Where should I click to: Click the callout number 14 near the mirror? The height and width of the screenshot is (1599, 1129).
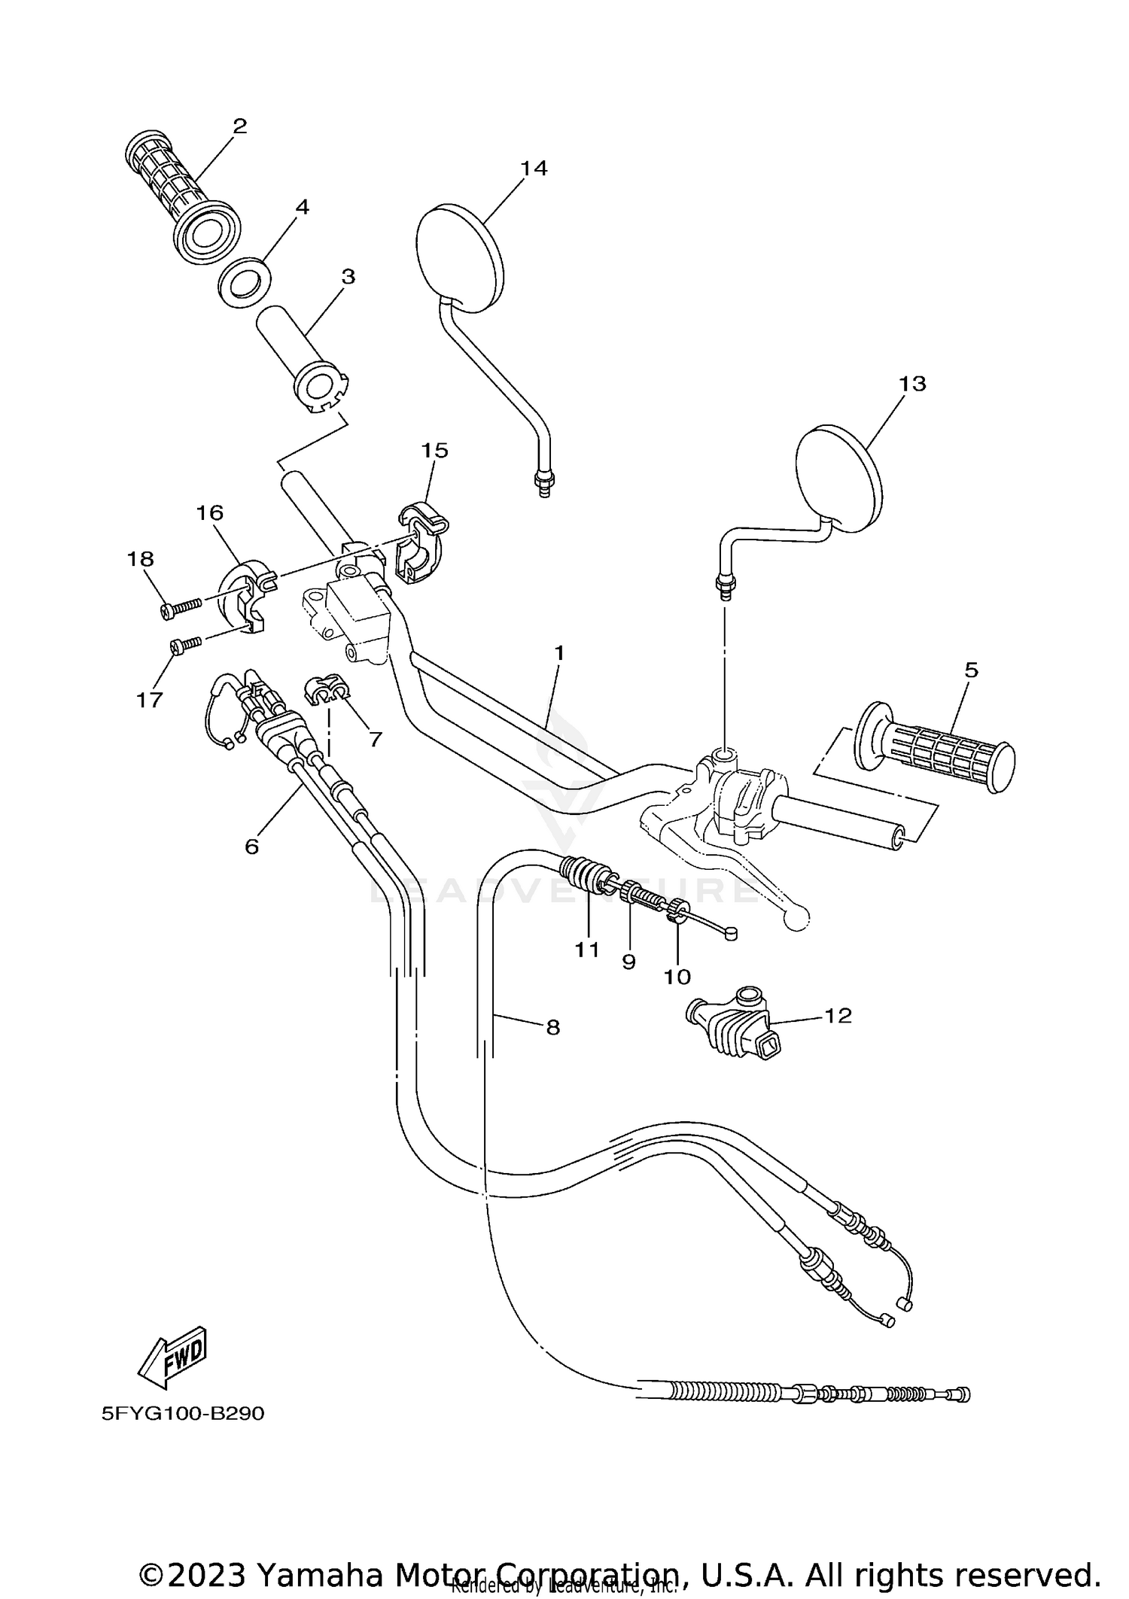(534, 168)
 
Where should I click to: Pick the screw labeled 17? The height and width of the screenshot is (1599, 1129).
(186, 645)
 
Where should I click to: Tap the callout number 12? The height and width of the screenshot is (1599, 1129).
(838, 1016)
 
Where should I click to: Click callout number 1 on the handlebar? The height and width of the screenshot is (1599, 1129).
(558, 653)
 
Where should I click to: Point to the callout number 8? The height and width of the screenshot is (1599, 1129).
(553, 1027)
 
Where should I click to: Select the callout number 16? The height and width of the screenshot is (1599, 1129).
(210, 513)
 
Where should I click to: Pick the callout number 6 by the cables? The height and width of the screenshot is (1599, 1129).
(251, 847)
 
